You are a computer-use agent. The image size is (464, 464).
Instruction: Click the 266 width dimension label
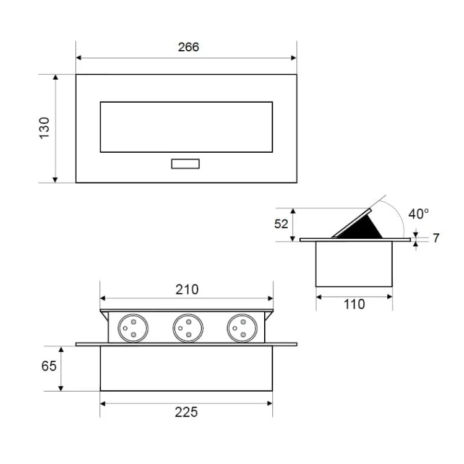(189, 47)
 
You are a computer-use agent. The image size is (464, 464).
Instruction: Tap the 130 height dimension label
(45, 128)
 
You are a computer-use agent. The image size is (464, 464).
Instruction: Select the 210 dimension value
(187, 290)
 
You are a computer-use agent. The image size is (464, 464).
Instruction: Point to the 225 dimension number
(186, 412)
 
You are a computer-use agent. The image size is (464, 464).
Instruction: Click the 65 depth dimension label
(49, 366)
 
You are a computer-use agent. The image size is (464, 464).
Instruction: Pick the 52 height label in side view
(281, 224)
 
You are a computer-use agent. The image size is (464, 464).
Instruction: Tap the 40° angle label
(418, 213)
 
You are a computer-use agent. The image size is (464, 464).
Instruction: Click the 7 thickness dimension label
(436, 238)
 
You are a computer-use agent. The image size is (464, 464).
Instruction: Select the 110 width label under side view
(354, 304)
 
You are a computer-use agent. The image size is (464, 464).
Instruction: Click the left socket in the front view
(133, 328)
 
